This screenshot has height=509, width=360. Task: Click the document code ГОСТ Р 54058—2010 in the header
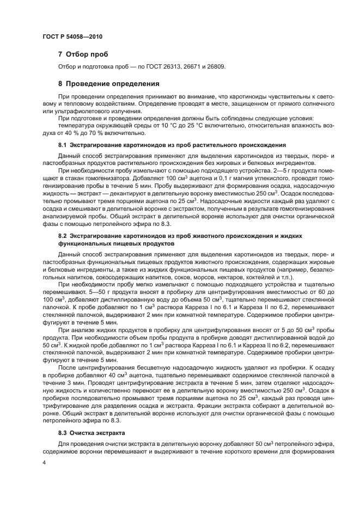click(x=72, y=36)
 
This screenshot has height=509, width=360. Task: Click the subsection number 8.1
click(x=62, y=145)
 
